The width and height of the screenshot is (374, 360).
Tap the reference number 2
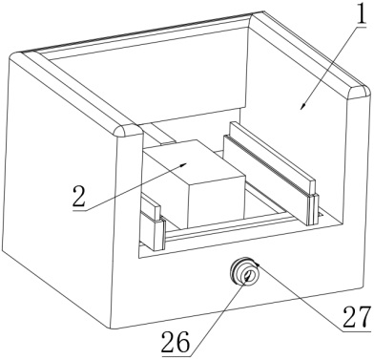(79, 196)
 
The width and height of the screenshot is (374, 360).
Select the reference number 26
(176, 343)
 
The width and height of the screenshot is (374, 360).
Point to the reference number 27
(357, 316)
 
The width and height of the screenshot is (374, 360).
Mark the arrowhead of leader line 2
(183, 165)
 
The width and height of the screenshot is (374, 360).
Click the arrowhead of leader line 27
(257, 264)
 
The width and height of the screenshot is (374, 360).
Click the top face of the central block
(194, 163)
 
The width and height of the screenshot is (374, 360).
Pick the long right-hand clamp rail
(271, 171)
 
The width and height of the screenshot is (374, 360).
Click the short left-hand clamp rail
(153, 222)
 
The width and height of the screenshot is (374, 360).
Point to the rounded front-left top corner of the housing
(127, 131)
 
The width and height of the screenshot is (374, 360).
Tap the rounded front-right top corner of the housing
(360, 92)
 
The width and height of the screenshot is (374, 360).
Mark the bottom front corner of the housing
(111, 328)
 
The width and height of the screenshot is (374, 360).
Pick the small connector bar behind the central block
(162, 135)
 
